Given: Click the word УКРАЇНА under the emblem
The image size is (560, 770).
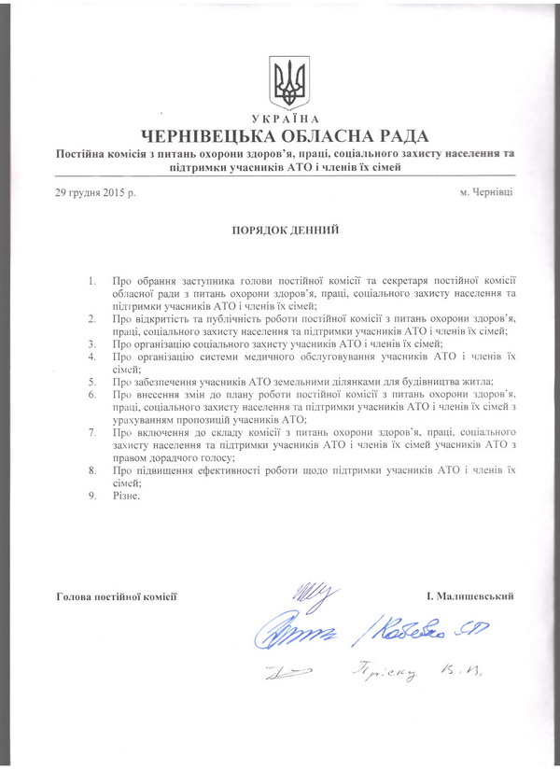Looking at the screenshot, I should [287, 119].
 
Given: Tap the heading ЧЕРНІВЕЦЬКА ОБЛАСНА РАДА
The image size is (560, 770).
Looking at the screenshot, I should [286, 134].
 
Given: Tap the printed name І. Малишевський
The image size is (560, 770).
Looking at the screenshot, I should [470, 595].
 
